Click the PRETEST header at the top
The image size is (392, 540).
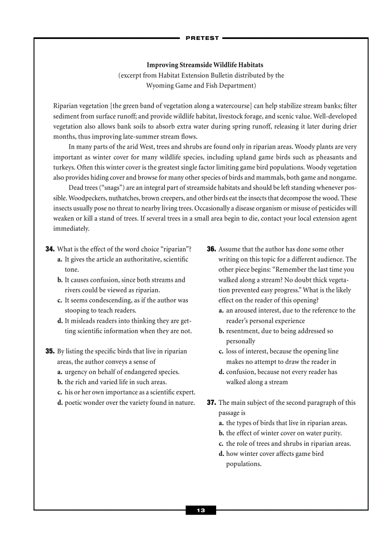pos(202,38)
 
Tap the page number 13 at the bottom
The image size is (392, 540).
pos(201,510)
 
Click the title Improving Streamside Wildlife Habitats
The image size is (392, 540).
pos(205,64)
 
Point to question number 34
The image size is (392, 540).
pos(49,249)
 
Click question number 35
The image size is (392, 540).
pos(49,352)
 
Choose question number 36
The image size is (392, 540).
pos(211,249)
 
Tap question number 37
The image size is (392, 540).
pos(211,402)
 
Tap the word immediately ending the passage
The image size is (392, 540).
pos(71,229)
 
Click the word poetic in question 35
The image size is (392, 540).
pos(74,402)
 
